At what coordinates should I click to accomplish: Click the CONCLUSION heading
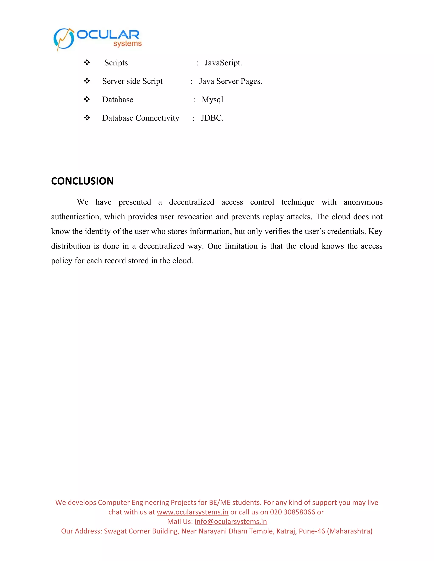pos(82,181)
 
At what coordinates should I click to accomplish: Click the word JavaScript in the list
pos(223,63)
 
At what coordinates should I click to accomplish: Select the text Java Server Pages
pos(231,81)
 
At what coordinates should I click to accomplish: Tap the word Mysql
pos(212,100)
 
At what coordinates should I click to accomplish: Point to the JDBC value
pos(212,118)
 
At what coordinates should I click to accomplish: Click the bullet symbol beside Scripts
pos(87,62)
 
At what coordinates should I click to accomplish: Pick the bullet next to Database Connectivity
pos(87,118)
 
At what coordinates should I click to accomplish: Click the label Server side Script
pos(132,81)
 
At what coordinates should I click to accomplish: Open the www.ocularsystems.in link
pos(192,512)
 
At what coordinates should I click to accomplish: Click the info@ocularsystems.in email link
pos(231,521)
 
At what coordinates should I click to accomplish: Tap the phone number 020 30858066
pos(292,512)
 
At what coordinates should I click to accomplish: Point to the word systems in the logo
pos(128,44)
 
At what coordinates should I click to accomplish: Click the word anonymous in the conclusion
pos(363,202)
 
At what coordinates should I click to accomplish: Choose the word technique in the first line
pos(298,202)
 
